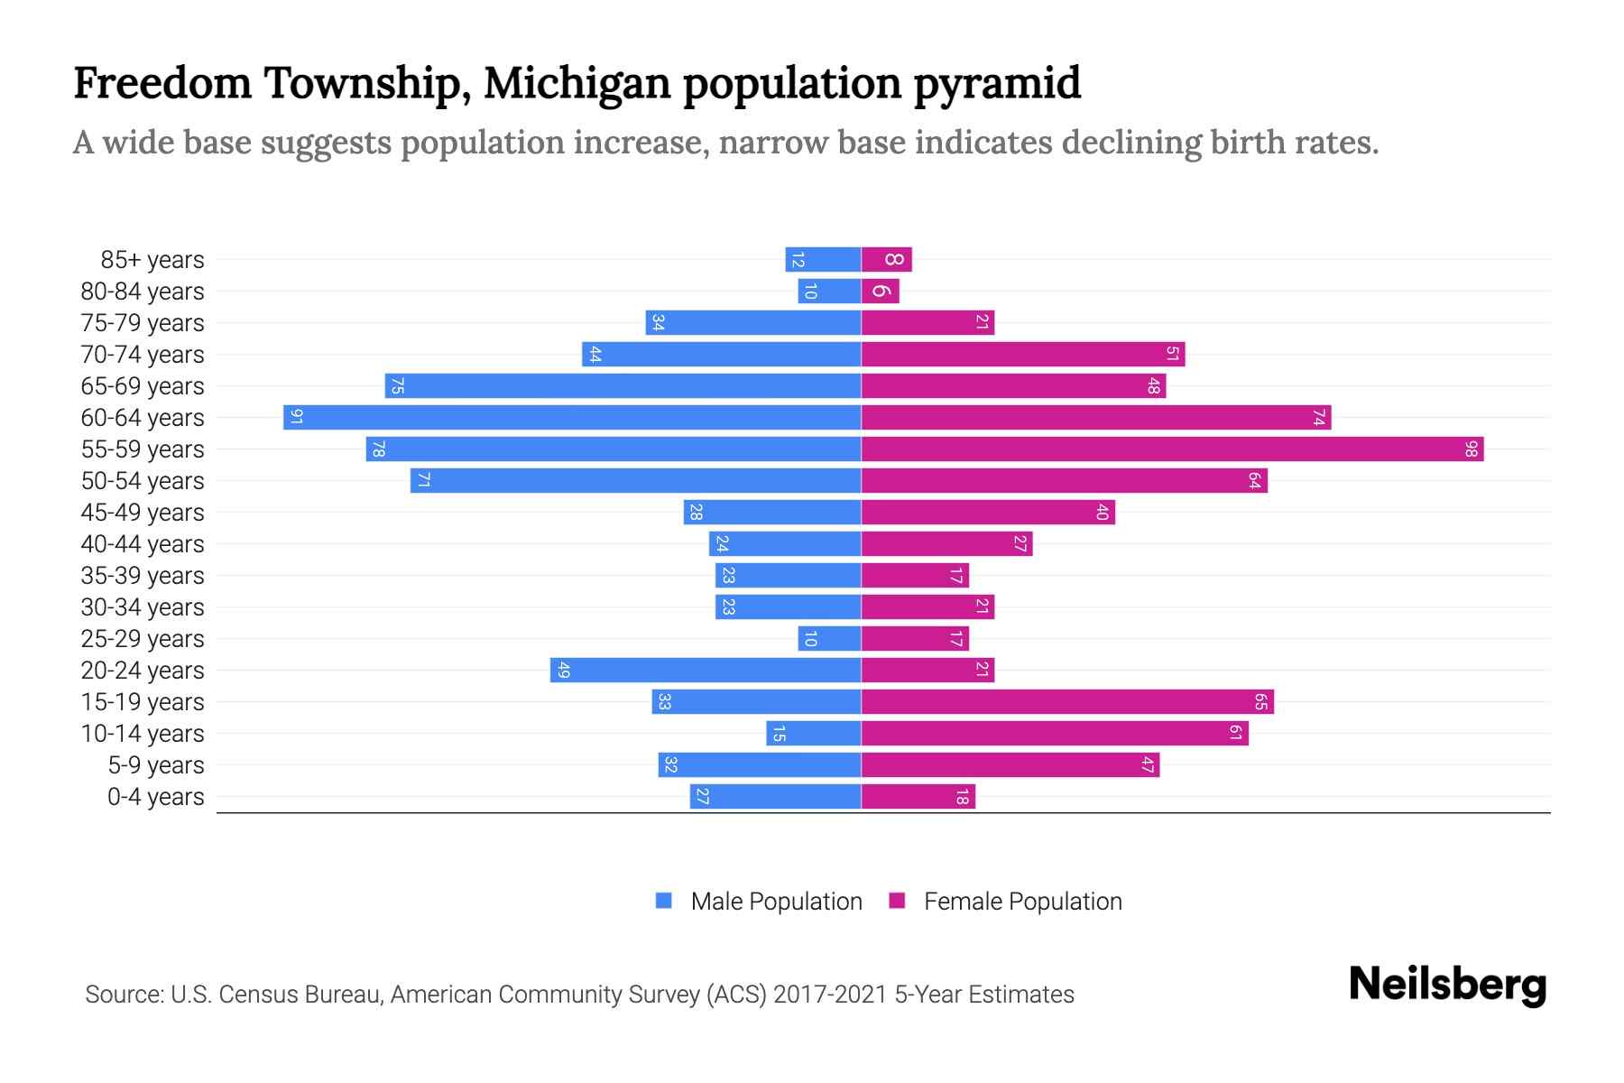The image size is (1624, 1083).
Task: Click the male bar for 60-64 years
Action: [x=572, y=417]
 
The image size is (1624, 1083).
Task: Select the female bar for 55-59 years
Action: [x=1172, y=449]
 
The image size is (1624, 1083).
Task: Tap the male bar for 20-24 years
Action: [x=706, y=670]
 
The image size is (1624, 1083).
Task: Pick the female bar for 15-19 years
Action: [x=1067, y=701]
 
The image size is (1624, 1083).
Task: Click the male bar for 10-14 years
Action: [x=814, y=733]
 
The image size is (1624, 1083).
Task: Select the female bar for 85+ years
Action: [x=887, y=260]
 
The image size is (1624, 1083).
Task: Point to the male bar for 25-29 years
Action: [x=829, y=638]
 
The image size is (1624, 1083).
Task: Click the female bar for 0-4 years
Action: [x=918, y=796]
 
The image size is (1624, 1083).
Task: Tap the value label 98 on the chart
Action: [x=1472, y=449]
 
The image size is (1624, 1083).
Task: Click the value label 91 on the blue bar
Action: [x=296, y=417]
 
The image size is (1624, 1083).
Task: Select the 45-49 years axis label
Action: [x=143, y=513]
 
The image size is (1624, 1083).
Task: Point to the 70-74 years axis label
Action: [x=143, y=355]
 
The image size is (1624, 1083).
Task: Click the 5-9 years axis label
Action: [x=156, y=765]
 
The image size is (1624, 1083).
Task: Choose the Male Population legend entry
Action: [x=776, y=902]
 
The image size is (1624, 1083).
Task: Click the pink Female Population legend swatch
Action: [x=897, y=901]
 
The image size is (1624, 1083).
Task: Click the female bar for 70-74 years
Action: [x=1023, y=355]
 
